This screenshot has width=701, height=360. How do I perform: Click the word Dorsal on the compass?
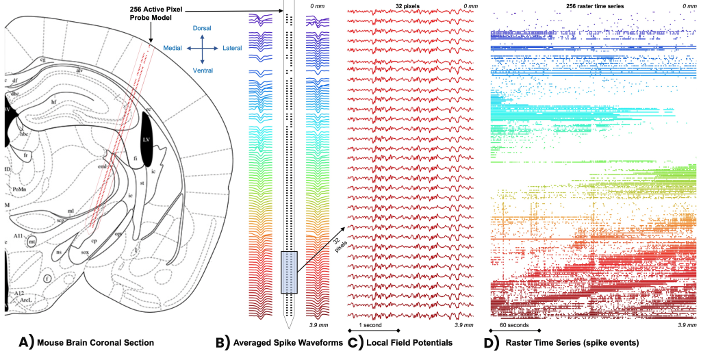pos(201,27)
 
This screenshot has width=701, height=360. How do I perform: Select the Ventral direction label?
pos(202,70)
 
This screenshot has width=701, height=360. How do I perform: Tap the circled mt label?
pos(32,241)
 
